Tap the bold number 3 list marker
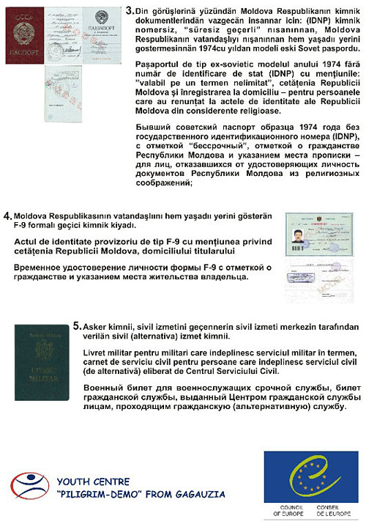click(130, 12)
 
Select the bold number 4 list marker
click(7, 216)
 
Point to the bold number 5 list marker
click(77, 324)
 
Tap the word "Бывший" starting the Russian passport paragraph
click(154, 128)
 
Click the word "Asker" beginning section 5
click(97, 324)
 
